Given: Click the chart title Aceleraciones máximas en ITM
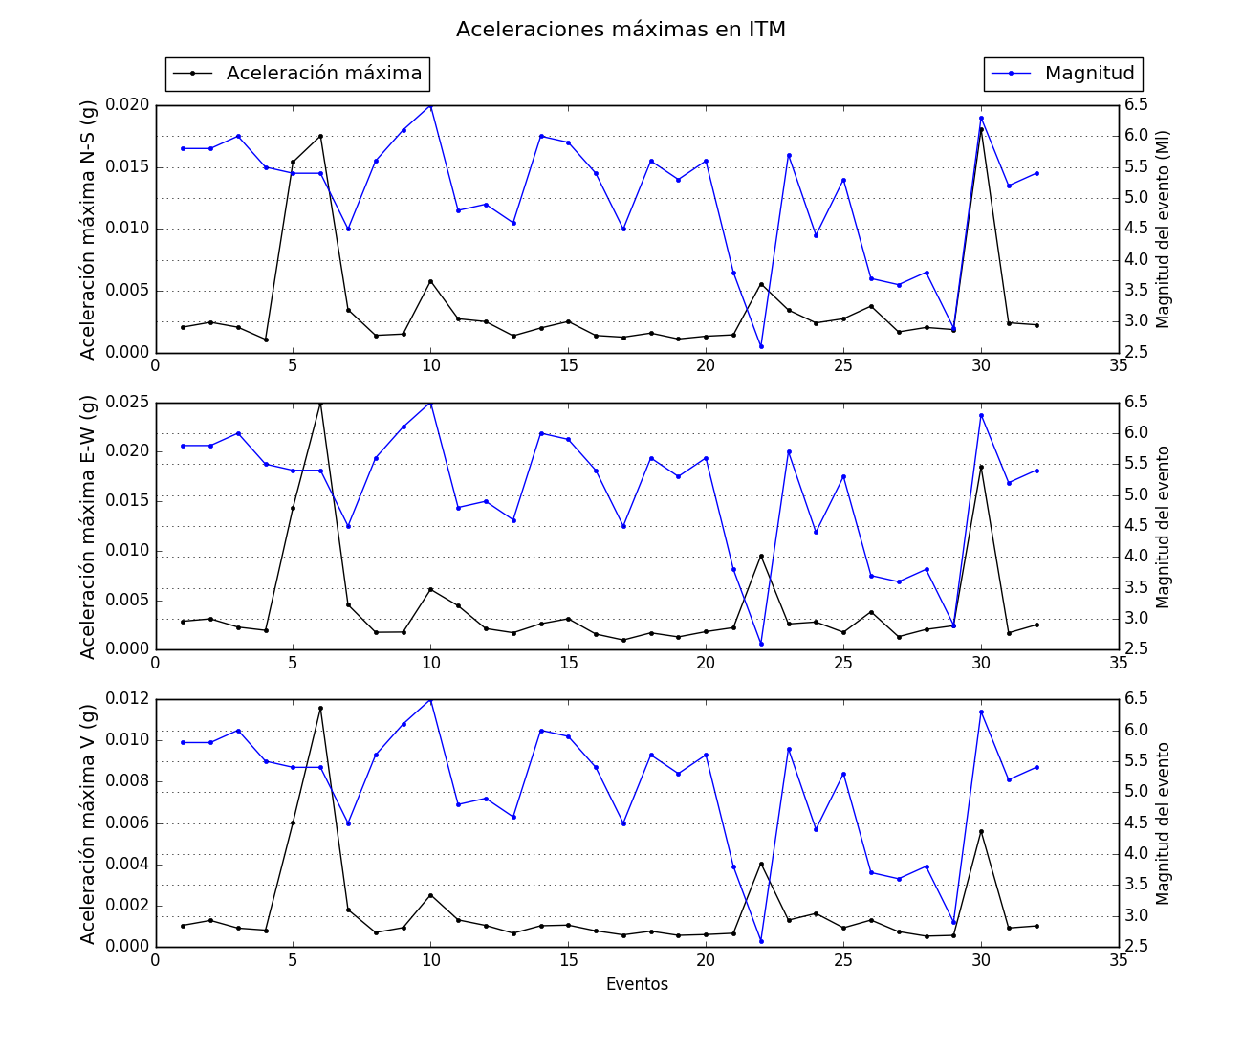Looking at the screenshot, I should click(x=621, y=30).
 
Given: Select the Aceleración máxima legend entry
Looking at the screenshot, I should click(x=297, y=74).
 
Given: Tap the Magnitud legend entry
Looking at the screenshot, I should click(x=1063, y=74).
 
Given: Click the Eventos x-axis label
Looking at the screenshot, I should click(x=637, y=984).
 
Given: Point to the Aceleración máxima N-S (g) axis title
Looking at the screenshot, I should click(x=88, y=230).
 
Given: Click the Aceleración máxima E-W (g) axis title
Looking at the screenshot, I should click(x=88, y=526).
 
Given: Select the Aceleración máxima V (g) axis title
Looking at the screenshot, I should click(x=88, y=823).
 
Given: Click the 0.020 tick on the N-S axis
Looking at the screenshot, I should click(x=128, y=105).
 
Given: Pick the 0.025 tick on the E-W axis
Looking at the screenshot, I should click(x=128, y=403).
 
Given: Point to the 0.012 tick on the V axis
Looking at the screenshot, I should click(x=128, y=699).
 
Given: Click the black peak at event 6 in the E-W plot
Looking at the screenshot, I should click(x=320, y=404).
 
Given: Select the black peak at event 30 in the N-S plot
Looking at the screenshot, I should click(x=981, y=129).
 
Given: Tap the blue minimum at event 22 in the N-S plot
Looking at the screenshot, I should click(x=761, y=346).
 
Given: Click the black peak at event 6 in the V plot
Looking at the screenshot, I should click(x=320, y=708).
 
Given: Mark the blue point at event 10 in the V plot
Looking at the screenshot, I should click(x=430, y=700).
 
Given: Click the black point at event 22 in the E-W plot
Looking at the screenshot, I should click(x=761, y=556).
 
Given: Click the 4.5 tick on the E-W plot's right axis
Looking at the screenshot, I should click(x=1135, y=526).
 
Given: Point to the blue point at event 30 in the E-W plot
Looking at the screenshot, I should click(x=981, y=415).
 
